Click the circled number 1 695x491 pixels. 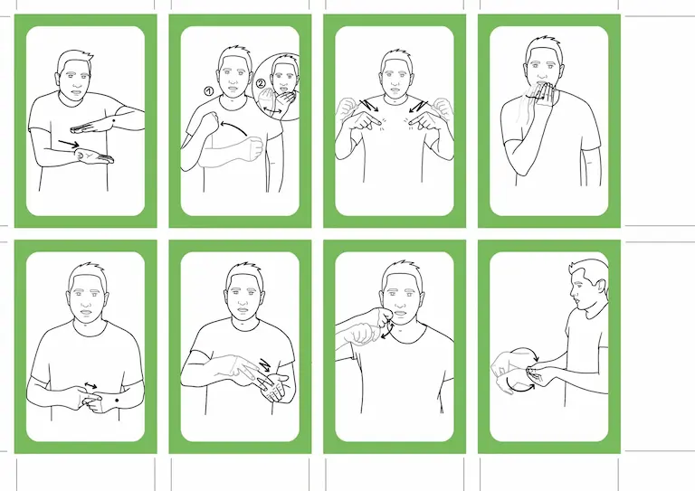(209, 91)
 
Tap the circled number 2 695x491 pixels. (261, 83)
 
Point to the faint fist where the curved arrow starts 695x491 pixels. (254, 148)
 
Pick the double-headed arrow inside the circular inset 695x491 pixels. (271, 111)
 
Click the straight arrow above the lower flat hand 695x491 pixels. (69, 144)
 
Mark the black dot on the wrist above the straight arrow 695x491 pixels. (114, 121)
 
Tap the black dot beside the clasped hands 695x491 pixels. (117, 401)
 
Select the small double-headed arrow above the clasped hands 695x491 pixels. (90, 386)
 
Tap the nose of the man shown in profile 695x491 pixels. (572, 293)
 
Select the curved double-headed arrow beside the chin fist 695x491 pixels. (388, 329)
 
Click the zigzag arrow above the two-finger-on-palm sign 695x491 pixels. (264, 365)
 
